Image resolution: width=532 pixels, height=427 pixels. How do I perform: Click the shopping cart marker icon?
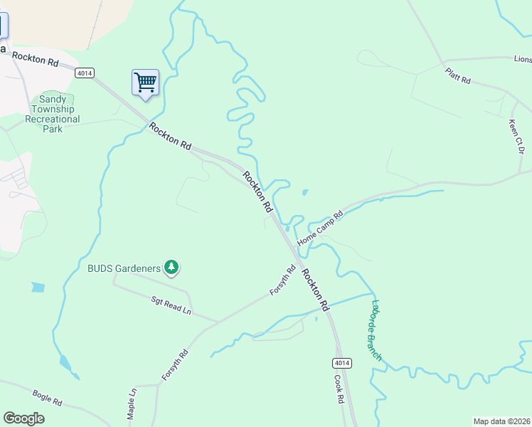(145, 83)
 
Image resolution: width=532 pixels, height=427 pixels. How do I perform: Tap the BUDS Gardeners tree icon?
(171, 268)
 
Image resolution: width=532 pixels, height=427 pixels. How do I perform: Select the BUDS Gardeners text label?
(124, 268)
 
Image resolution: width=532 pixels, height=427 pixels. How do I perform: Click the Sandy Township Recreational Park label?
(53, 114)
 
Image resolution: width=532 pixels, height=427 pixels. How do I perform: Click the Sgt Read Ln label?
(171, 307)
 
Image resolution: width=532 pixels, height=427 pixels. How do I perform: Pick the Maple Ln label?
(131, 404)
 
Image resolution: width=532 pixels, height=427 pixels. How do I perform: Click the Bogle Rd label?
(47, 398)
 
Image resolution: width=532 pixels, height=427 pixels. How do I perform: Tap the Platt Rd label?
(458, 76)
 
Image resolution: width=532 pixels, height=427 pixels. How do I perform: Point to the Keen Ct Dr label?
(516, 137)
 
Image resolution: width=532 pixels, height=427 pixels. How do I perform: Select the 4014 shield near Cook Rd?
(341, 363)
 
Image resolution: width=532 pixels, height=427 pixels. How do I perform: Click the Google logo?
(24, 418)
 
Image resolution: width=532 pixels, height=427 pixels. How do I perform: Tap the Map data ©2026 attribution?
(501, 421)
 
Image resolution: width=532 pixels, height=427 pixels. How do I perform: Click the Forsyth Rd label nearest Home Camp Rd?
(282, 280)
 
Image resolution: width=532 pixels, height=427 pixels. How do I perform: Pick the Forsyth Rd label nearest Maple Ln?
(174, 364)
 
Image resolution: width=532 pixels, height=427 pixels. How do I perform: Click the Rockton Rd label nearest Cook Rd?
(314, 290)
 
